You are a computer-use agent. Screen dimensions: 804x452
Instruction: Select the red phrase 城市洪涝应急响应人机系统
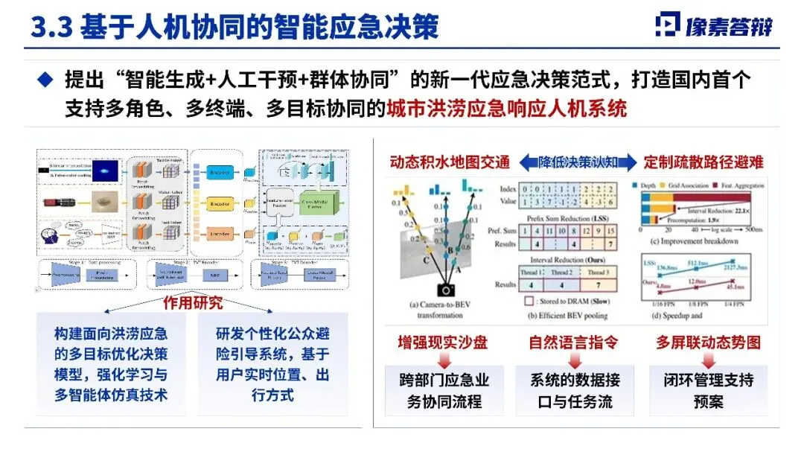(506, 109)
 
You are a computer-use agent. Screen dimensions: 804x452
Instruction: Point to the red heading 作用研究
(193, 303)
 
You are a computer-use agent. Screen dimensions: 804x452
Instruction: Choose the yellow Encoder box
(220, 202)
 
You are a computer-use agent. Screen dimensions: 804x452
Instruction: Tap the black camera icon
(447, 290)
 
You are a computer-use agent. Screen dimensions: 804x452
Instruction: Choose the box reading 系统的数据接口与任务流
(575, 390)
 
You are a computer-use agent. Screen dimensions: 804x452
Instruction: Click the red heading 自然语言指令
(573, 343)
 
